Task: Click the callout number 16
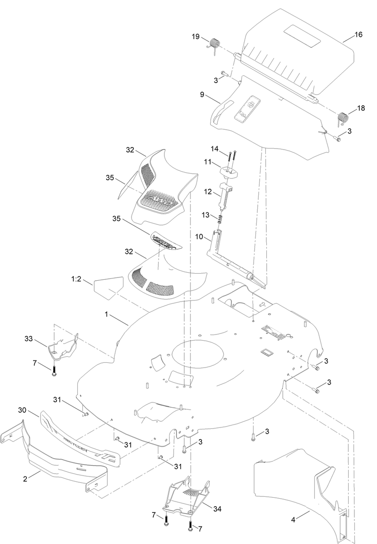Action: (x=359, y=35)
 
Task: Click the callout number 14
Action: (x=215, y=149)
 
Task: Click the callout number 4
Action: (x=293, y=519)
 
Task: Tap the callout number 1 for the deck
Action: (x=107, y=313)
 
